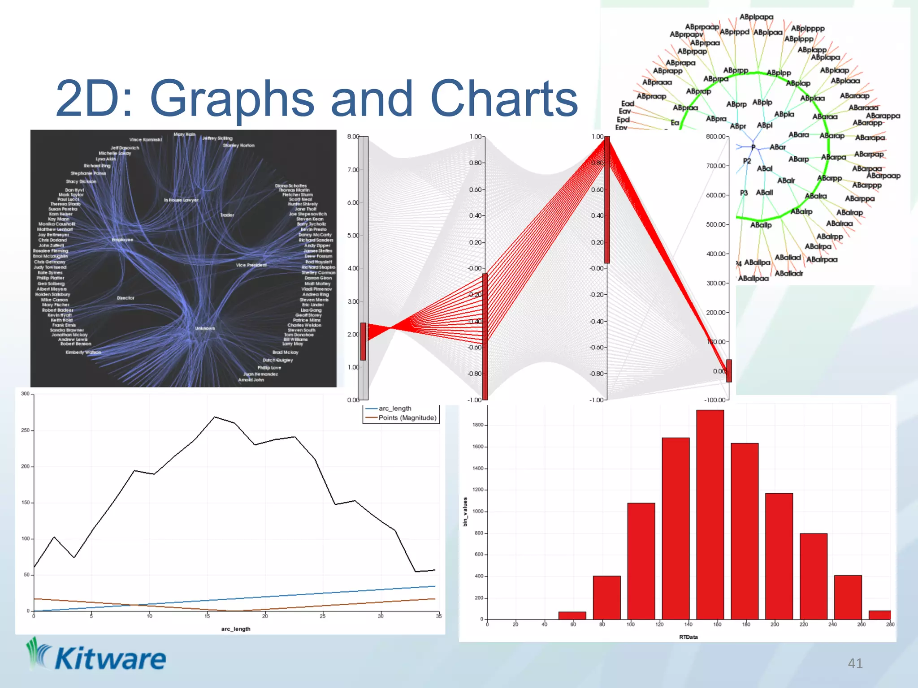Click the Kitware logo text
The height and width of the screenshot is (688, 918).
coord(110,659)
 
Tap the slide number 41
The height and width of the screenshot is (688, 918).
coord(855,663)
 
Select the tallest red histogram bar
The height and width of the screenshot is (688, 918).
coord(710,515)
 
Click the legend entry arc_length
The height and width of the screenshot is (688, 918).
coord(394,408)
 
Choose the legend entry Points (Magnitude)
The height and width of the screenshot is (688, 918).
coord(407,418)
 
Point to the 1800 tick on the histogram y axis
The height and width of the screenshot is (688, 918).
coord(478,425)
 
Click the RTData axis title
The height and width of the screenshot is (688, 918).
coord(688,637)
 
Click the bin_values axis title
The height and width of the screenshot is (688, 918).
coord(465,512)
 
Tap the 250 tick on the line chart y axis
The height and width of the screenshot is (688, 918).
coord(26,430)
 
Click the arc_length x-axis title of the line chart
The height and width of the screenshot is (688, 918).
coord(236,629)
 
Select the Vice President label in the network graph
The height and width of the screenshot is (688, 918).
coord(251,265)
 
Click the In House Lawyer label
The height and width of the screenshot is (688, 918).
coord(181,200)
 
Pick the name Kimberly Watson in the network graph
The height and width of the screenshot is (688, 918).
coord(83,353)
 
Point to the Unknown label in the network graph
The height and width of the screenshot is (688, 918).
coord(205,328)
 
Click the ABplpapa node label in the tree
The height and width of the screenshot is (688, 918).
coord(756,17)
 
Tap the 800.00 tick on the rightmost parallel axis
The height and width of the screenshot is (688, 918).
coord(715,137)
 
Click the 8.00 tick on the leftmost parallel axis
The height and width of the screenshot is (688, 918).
coord(353,137)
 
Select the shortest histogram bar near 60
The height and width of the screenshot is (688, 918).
coord(572,615)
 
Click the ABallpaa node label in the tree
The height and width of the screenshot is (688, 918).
coord(753,279)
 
